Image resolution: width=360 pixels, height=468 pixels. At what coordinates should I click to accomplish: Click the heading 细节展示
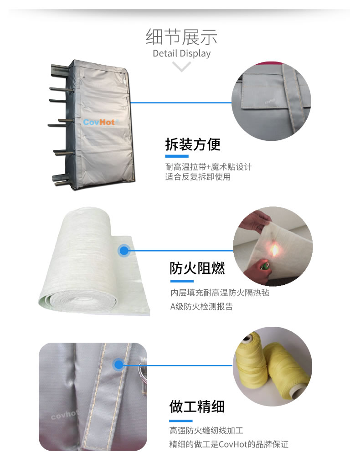point(181,37)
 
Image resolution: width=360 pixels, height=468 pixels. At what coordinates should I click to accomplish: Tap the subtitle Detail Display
point(181,53)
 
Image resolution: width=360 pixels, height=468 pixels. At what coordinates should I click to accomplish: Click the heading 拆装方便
point(193,144)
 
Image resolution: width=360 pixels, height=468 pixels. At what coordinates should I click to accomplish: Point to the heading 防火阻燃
point(197,268)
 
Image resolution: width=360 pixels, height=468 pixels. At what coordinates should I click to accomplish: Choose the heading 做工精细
point(197,406)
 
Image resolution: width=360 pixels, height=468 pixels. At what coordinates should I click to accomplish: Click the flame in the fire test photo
point(274,250)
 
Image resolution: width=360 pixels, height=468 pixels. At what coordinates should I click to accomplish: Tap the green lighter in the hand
point(264,265)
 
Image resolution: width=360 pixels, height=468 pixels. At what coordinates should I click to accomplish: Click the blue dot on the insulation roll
point(124,251)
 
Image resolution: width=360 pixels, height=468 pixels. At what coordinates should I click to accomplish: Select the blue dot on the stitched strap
point(119,365)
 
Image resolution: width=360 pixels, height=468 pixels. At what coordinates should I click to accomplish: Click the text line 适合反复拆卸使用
point(198,177)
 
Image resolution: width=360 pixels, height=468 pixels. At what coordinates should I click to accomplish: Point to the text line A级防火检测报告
point(201,307)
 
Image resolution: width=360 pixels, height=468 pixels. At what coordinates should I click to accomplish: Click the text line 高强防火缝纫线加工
point(206,430)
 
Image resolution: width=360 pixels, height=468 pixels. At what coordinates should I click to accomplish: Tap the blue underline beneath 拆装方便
point(177,156)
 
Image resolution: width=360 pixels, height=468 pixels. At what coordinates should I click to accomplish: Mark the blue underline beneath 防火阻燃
point(182,281)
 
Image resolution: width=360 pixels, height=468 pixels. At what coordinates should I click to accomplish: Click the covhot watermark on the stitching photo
point(64,414)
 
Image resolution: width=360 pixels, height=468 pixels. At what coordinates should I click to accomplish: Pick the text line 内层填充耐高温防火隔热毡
point(220,293)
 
